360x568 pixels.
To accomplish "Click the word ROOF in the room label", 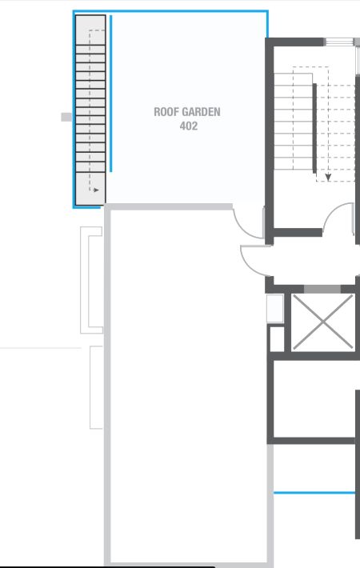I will tap(166, 113).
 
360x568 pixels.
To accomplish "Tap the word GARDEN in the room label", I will tap(200, 113).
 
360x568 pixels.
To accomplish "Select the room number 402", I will tap(188, 126).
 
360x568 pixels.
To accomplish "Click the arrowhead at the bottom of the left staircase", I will tap(96, 190).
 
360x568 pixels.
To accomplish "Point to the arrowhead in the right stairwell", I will tap(328, 177).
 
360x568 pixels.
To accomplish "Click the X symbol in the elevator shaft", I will tap(322, 322).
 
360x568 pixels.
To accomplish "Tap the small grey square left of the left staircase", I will tap(66, 117).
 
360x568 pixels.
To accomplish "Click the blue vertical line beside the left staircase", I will tap(111, 94).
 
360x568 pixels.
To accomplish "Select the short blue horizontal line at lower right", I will tap(314, 493).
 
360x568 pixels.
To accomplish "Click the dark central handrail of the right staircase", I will tap(314, 126).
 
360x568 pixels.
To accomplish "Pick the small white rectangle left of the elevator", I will tap(274, 308).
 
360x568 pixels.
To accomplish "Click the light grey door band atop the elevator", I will tap(322, 289).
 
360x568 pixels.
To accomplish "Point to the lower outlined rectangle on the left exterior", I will tap(97, 388).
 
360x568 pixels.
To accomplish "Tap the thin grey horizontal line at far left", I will tap(40, 348).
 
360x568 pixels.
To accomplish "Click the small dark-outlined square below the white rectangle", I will tap(276, 338).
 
